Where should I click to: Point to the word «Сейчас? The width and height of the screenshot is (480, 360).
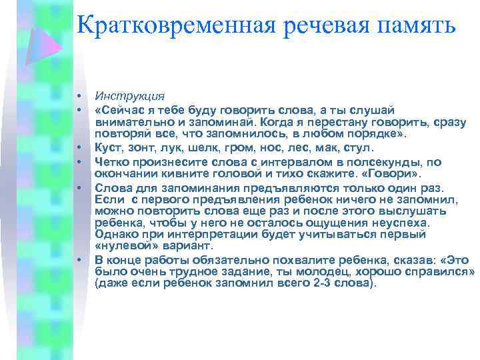point(118,109)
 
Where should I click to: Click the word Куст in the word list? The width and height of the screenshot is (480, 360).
point(107,147)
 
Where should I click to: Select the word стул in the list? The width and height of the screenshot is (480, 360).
point(363,147)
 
